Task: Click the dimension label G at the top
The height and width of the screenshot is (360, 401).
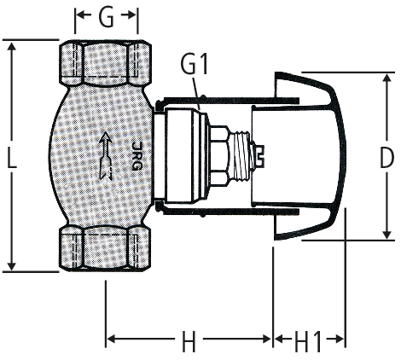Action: (106, 17)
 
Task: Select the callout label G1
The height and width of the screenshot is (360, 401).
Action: (195, 65)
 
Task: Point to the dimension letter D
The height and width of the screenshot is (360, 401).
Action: (386, 158)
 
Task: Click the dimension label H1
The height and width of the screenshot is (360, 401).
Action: (308, 341)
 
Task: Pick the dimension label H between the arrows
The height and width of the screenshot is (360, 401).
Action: (189, 341)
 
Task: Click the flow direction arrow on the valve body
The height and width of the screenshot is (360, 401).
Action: (106, 155)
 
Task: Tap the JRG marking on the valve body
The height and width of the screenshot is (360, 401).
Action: (137, 156)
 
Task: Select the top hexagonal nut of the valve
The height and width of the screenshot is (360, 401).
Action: (105, 63)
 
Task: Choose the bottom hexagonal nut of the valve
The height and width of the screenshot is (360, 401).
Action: (105, 248)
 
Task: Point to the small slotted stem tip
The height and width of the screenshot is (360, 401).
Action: (259, 156)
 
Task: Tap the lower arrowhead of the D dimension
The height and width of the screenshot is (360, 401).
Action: (386, 234)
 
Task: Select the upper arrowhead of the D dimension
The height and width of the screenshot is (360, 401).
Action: (386, 79)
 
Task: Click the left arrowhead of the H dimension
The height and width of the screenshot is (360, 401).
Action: (112, 339)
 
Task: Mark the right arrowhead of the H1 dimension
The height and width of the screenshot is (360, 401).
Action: (339, 339)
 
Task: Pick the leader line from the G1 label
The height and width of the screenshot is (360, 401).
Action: (196, 93)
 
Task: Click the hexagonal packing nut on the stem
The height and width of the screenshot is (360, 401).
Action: (219, 156)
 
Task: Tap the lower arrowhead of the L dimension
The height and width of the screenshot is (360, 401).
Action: (11, 265)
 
